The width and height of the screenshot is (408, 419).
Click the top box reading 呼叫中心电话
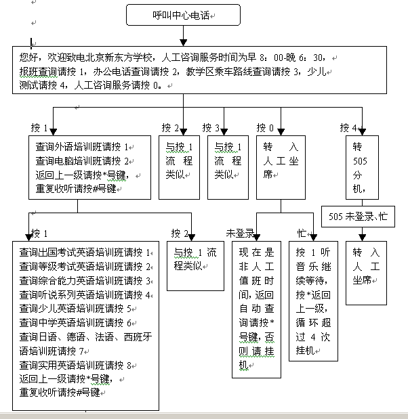(183, 15)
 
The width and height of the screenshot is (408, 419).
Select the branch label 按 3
(211, 128)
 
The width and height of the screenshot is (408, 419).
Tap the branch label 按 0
(265, 128)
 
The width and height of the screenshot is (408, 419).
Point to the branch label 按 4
(348, 128)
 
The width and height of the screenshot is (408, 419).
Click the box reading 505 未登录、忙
(358, 217)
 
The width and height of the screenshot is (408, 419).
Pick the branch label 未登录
(240, 234)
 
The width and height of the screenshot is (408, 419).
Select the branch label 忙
(302, 234)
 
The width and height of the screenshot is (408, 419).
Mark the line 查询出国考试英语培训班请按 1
(85, 252)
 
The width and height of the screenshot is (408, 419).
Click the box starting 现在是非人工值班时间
(256, 310)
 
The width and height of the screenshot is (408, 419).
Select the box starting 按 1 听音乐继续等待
(313, 301)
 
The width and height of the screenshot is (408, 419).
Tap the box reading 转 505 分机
(362, 168)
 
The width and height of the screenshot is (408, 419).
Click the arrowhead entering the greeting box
(183, 43)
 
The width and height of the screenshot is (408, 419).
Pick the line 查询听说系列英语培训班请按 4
(85, 295)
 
